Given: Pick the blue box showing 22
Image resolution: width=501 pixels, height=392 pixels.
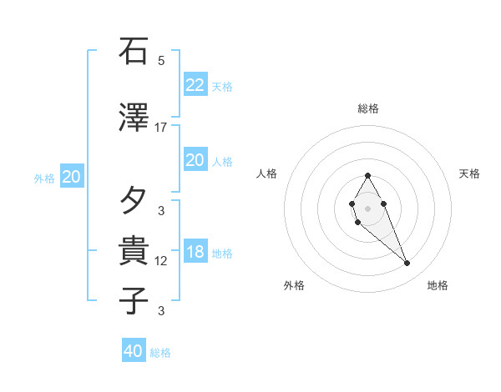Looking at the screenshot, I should (195, 85).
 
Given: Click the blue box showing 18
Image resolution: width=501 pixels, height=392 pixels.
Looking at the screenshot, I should (195, 253).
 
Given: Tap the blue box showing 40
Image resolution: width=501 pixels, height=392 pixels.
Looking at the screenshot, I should (133, 351).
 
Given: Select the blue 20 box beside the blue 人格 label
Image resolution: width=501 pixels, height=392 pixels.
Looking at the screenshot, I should (195, 161).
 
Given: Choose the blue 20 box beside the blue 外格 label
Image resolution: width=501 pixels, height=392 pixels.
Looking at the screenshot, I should (71, 177).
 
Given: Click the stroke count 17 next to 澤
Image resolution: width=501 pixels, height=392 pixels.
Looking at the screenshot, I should (161, 128).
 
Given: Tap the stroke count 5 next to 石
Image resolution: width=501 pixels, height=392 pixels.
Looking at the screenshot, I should (161, 61).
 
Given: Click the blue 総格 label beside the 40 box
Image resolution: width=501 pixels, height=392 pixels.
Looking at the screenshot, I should (160, 353).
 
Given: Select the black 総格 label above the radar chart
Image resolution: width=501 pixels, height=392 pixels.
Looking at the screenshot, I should (368, 108).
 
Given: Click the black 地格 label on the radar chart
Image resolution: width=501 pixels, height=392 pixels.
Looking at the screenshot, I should (438, 285).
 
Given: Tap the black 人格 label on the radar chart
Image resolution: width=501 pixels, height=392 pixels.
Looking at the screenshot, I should (267, 173).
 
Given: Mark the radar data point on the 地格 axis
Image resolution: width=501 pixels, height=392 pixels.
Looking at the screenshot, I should (407, 264).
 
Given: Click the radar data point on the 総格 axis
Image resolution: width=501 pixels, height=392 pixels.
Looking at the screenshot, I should (367, 175).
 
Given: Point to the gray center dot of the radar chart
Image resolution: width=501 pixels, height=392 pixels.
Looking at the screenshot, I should (367, 207).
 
